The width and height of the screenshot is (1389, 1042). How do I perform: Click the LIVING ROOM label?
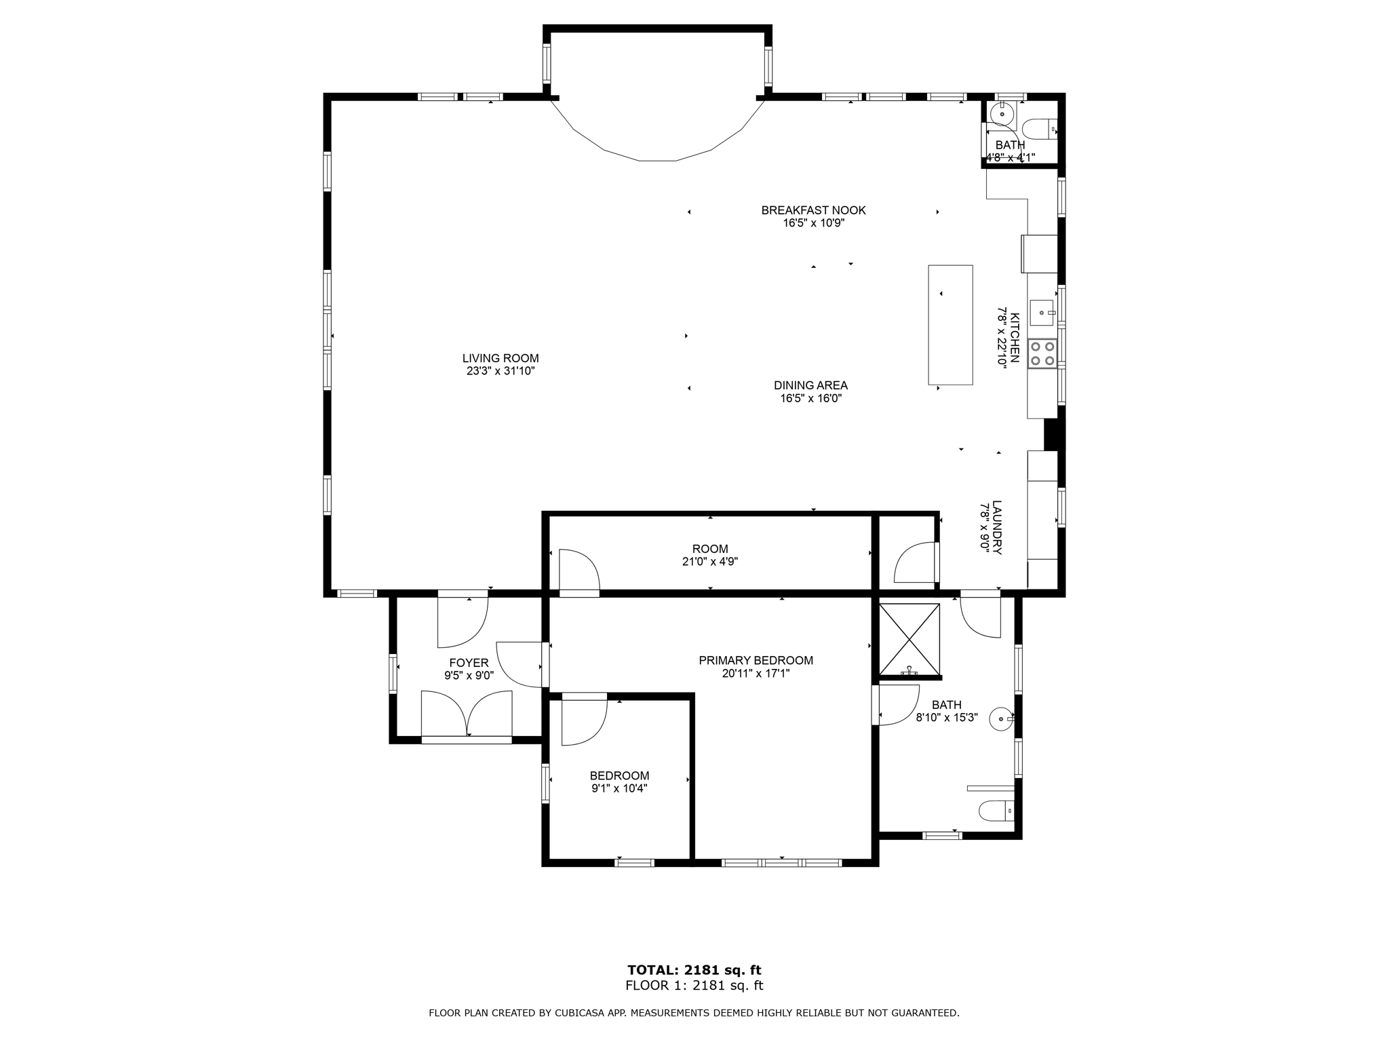coord(501,358)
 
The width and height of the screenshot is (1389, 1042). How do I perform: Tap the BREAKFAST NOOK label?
coord(813,210)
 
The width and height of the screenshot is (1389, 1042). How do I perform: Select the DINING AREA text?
coord(810,385)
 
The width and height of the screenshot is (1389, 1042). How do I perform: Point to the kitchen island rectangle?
coord(950,325)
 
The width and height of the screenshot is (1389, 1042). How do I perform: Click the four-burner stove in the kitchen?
coord(1042,353)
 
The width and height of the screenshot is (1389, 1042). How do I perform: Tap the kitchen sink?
coord(1042,313)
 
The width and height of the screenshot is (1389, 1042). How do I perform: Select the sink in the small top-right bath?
coord(1002,113)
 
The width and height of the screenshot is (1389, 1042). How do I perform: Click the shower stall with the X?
coord(909,639)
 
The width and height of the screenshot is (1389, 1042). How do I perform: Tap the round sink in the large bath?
coord(1002,718)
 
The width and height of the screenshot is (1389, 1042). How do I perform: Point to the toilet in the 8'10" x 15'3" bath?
coord(996,811)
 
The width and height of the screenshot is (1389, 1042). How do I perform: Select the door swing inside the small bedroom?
coord(584,720)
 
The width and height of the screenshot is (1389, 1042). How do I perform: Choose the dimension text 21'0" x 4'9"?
coord(709,562)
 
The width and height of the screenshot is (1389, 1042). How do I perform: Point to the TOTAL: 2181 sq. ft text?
coord(694,970)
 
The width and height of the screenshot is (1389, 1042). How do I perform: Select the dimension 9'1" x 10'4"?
coord(619,788)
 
